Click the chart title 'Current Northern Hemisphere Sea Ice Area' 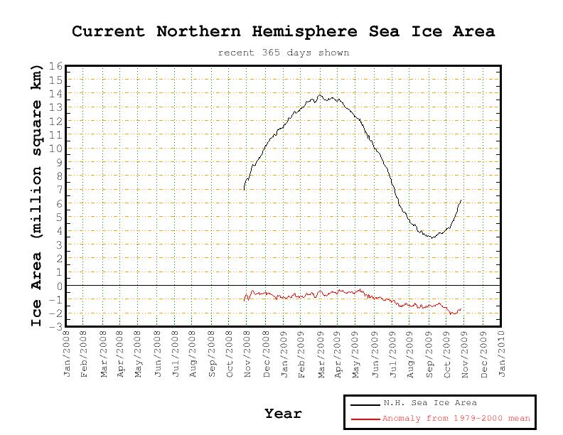pyautogui.click(x=283, y=32)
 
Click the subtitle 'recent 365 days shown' pyautogui.click(x=283, y=53)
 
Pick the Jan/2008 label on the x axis pyautogui.click(x=68, y=353)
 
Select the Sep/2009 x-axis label pyautogui.click(x=429, y=353)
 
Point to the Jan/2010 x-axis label pyautogui.click(x=501, y=353)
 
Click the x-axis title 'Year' pyautogui.click(x=283, y=413)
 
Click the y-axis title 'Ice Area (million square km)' pyautogui.click(x=37, y=195)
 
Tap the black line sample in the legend pyautogui.click(x=364, y=404)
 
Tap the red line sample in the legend pyautogui.click(x=364, y=419)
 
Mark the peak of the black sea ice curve pyautogui.click(x=320, y=95)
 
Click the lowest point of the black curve pyautogui.click(x=431, y=237)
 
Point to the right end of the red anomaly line pyautogui.click(x=461, y=309)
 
